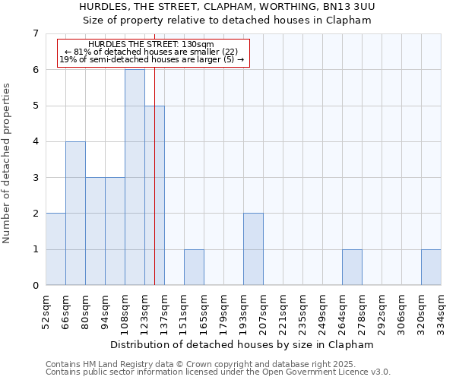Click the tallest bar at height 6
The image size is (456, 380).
point(135,177)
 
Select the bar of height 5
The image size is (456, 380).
point(154,195)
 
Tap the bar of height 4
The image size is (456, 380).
point(75,214)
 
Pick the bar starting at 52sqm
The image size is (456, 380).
point(55,249)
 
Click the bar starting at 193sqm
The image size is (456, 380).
point(253,249)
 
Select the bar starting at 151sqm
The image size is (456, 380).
point(194,268)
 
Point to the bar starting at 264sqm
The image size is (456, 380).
point(352,268)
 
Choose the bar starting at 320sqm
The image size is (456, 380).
point(431,268)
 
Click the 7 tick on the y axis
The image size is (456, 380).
point(35,33)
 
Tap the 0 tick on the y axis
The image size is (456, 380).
point(35,286)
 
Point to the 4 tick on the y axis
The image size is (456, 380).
point(35,141)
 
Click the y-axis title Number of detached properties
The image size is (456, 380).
point(8,163)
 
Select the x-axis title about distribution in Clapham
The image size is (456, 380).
point(242,344)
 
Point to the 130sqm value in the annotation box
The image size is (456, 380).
point(198,44)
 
